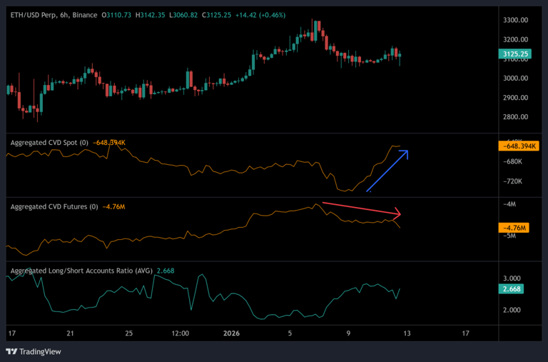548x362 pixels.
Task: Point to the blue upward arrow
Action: point(387,171)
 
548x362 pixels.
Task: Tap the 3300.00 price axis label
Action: point(514,20)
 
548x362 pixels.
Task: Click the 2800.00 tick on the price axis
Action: point(514,117)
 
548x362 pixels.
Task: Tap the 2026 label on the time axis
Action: point(233,333)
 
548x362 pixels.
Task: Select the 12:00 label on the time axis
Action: point(180,333)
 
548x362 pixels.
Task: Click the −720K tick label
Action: point(512,181)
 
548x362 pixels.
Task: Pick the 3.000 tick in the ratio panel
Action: point(513,278)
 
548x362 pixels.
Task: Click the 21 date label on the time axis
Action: point(70,333)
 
